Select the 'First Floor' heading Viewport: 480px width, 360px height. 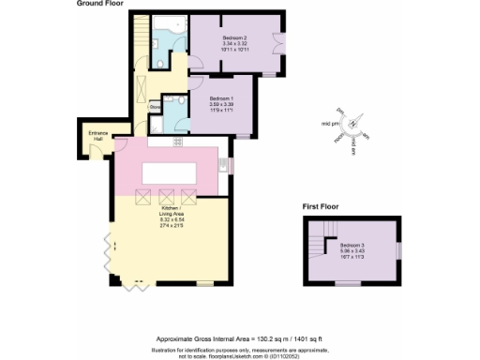tap(320, 205)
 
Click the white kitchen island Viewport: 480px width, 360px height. tap(169, 172)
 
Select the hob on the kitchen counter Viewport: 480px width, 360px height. tap(176, 142)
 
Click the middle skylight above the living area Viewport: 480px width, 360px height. tap(167, 197)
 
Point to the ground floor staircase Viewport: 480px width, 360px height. tap(141, 39)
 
